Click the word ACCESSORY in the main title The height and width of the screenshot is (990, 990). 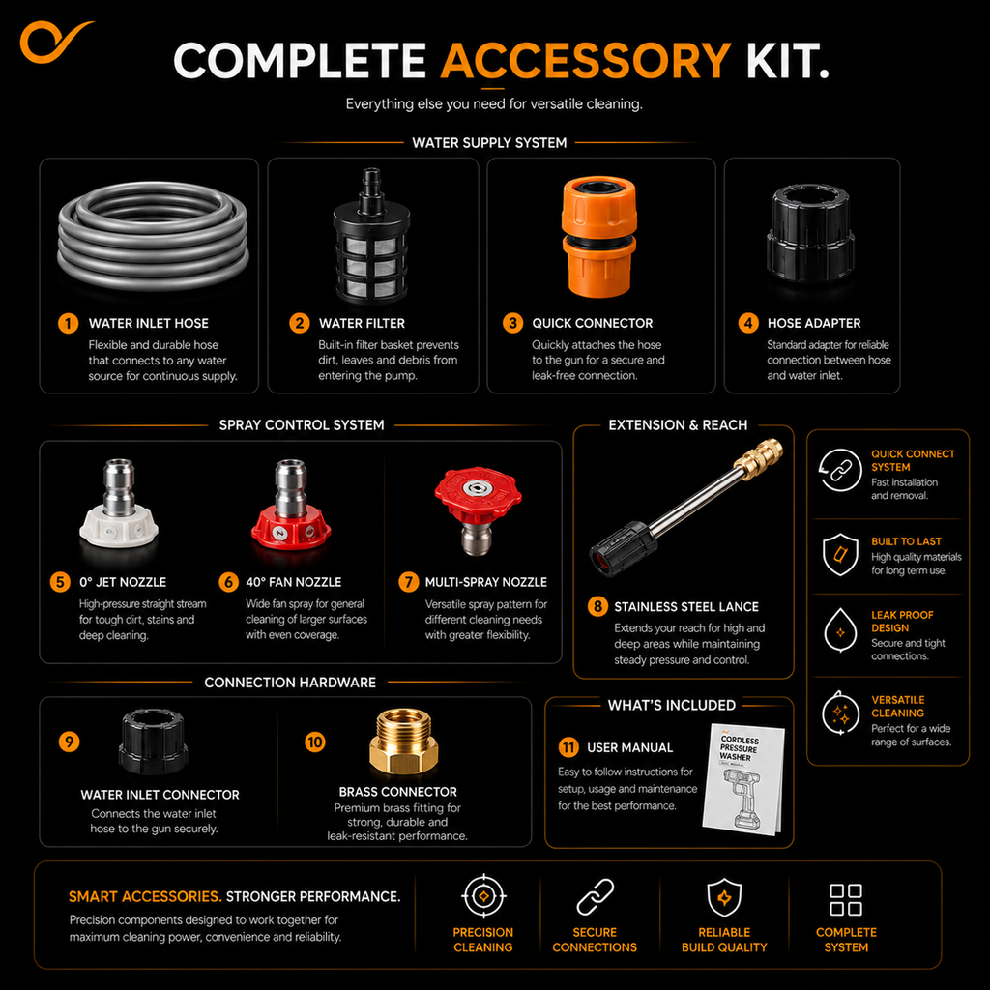[x=586, y=61]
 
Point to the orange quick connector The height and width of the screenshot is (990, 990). [x=598, y=237]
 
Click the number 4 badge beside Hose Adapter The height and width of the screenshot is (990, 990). [x=748, y=323]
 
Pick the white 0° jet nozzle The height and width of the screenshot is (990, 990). [x=119, y=504]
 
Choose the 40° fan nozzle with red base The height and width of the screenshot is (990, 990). [x=290, y=505]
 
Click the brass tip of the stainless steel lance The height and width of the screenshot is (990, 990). [x=761, y=456]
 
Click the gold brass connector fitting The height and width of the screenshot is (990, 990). [x=403, y=742]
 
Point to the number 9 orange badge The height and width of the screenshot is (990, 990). [x=69, y=742]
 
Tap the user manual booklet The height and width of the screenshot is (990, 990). [x=743, y=780]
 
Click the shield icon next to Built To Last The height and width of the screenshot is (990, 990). [x=840, y=554]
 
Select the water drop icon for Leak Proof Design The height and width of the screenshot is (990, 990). [x=840, y=629]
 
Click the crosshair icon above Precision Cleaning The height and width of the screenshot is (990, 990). [x=483, y=896]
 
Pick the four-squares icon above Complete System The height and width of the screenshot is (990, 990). [x=846, y=900]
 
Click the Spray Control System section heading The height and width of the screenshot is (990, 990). [x=302, y=425]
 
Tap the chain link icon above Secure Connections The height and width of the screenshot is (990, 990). [x=596, y=896]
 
